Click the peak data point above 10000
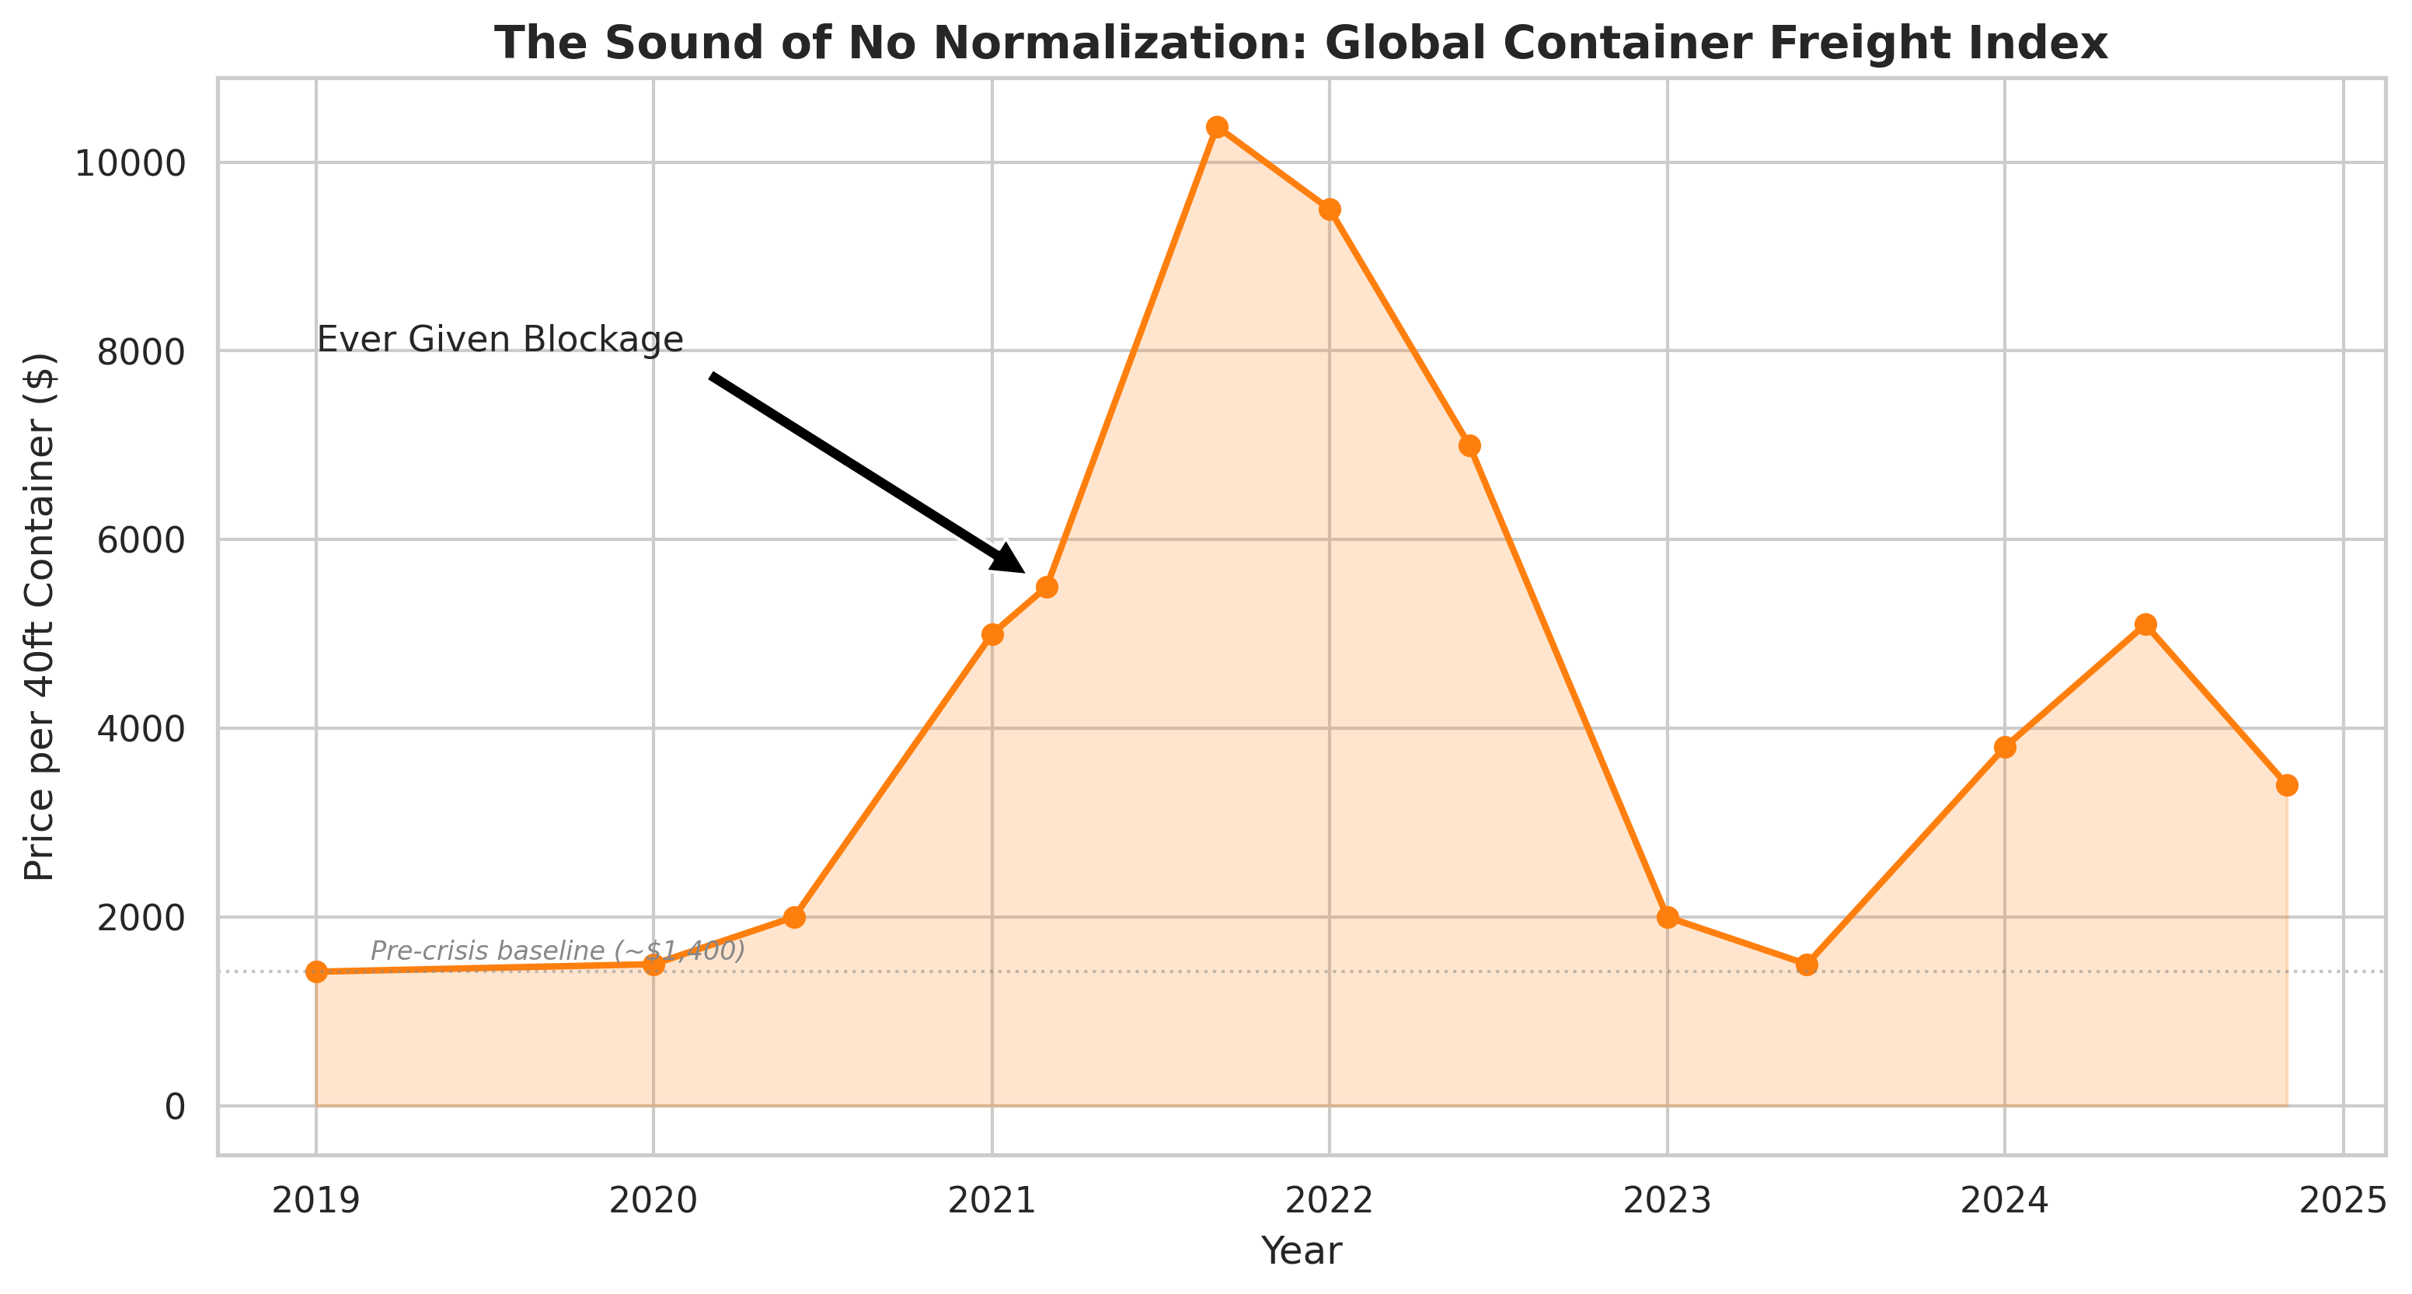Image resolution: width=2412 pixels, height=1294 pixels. (x=1217, y=127)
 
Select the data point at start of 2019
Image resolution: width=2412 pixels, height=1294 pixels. (x=316, y=972)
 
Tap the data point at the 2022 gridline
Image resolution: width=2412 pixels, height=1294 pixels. (x=1330, y=209)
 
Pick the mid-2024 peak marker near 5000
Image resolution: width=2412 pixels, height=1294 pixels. (x=2146, y=625)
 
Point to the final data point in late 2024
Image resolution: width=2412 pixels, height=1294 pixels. (x=2288, y=785)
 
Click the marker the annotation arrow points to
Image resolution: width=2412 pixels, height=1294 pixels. (x=1047, y=587)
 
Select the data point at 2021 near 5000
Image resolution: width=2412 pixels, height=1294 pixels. (x=992, y=634)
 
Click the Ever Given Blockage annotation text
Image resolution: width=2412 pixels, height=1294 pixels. (x=500, y=339)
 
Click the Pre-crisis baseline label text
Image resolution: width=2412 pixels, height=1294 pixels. (x=558, y=950)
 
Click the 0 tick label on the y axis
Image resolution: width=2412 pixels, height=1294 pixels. (x=175, y=1107)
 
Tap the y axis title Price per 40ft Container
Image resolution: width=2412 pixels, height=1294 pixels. (x=40, y=618)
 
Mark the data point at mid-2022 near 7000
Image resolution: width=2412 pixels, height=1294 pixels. (x=1470, y=445)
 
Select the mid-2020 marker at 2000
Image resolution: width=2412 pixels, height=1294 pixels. (x=794, y=916)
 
